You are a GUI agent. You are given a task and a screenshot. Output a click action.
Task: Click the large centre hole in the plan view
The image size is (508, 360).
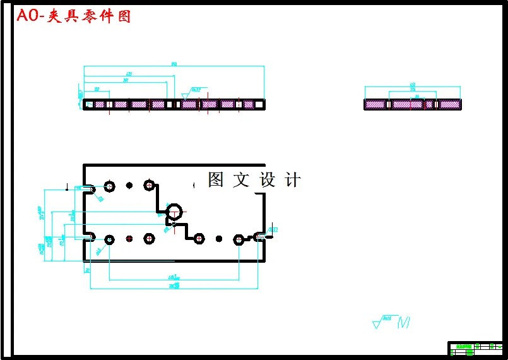point(175,211)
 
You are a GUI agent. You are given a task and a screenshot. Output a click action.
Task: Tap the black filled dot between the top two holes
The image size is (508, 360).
point(129,185)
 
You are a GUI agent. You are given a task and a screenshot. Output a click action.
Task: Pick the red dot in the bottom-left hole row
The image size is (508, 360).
point(129,239)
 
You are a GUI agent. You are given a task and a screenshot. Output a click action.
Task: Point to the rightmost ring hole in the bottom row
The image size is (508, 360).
point(239,239)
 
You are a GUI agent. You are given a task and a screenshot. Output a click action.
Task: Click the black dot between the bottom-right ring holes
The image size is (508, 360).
point(219,239)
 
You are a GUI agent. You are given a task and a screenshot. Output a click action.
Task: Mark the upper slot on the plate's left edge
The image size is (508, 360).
point(87,188)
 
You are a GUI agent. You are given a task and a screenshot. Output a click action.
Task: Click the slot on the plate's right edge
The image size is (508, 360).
point(260,237)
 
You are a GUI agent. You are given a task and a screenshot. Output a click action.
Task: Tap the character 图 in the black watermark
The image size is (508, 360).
point(216,180)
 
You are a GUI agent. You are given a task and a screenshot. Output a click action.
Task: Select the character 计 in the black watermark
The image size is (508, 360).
point(293,180)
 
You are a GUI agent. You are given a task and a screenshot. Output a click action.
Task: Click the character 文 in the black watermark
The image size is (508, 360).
point(241,180)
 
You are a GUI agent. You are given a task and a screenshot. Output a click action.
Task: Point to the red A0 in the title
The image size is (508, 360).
point(28,16)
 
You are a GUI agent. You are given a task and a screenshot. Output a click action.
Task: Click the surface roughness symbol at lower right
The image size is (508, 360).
point(392,322)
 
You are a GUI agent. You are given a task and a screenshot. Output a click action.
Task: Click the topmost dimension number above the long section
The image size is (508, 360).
point(174,64)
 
